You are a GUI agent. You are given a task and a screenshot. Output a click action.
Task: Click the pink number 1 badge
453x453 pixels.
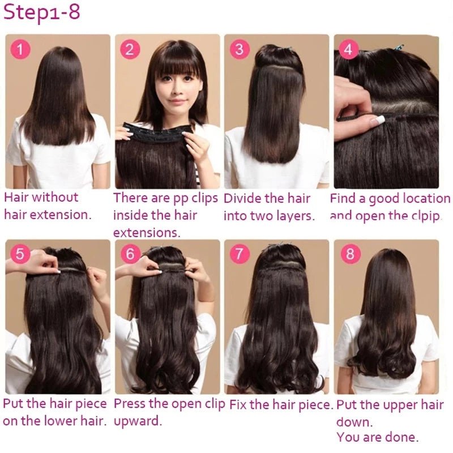[x=20, y=49]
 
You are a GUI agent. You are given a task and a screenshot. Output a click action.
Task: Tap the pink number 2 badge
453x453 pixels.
[x=130, y=49]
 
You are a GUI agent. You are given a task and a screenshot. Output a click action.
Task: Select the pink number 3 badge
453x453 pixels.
[x=240, y=49]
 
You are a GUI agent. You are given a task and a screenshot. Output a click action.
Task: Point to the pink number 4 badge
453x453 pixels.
[x=348, y=49]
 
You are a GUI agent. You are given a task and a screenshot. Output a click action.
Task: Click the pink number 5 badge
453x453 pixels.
[x=20, y=254]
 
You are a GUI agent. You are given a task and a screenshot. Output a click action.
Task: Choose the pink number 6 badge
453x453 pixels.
[x=130, y=254]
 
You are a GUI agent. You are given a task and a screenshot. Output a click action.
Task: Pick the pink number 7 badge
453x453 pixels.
[x=240, y=254]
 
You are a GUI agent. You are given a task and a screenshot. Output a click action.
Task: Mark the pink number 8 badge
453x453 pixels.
[x=349, y=254]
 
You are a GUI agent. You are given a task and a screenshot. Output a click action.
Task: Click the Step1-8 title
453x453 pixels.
[x=41, y=13]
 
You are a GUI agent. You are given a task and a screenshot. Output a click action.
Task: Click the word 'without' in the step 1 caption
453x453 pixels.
[x=55, y=198]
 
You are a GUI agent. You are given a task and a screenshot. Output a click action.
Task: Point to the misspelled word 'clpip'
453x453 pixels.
[x=426, y=216]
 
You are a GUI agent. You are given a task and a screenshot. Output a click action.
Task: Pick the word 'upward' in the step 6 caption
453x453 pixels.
[x=138, y=421]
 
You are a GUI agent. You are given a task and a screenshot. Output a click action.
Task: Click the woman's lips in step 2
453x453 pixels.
[x=177, y=101]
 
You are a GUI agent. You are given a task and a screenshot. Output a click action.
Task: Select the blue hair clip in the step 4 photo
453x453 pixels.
[x=399, y=47]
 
